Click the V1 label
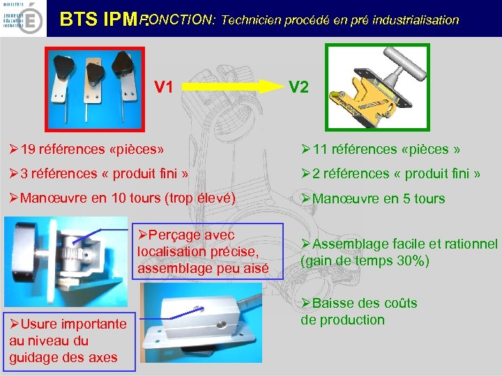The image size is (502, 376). pos(164,86)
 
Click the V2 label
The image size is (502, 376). pos(299,86)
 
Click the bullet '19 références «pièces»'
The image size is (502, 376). pos(86,149)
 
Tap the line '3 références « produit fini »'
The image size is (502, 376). pos(98,173)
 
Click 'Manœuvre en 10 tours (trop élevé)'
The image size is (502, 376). pos(124,198)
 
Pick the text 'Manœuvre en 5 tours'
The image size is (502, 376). pos(372,199)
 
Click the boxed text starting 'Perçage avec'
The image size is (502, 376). pos(209,251)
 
